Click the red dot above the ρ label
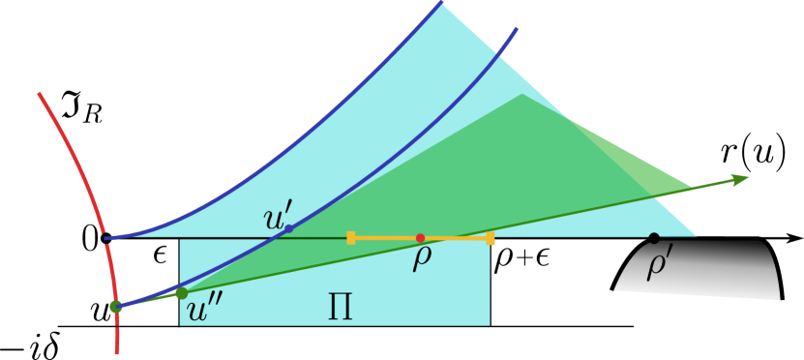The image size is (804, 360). [x=420, y=238]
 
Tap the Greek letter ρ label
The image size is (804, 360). [x=422, y=257]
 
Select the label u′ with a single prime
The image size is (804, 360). [x=277, y=217]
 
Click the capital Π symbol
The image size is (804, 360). [x=340, y=308]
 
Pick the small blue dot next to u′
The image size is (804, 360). [x=288, y=229]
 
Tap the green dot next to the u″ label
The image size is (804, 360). [x=181, y=293]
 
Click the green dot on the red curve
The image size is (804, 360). [x=116, y=307]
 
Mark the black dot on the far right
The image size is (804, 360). [x=654, y=237]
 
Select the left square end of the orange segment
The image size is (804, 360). [x=351, y=237]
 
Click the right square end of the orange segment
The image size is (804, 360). [x=490, y=238]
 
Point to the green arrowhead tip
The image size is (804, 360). [x=749, y=177]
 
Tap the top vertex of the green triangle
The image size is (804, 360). [x=522, y=94]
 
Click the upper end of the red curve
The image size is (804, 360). [x=40, y=94]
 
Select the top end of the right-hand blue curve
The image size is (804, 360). [x=517, y=28]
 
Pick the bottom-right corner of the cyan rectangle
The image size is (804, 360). [x=490, y=325]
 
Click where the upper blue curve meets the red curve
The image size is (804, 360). [x=105, y=237]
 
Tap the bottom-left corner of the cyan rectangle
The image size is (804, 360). [x=180, y=325]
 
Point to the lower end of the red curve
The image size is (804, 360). [x=117, y=352]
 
